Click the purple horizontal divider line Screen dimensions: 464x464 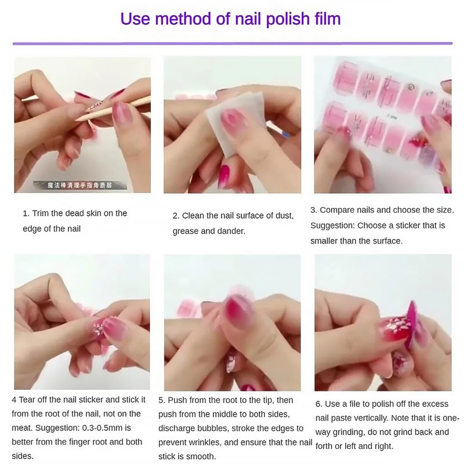tap(233, 43)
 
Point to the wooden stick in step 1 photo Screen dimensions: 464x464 tap(113, 108)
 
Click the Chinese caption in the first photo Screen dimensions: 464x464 tap(80, 185)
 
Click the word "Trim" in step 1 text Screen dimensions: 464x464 tap(41, 213)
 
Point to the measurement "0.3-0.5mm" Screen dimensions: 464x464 tap(107, 427)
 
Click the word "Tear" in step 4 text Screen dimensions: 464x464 tap(28, 400)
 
